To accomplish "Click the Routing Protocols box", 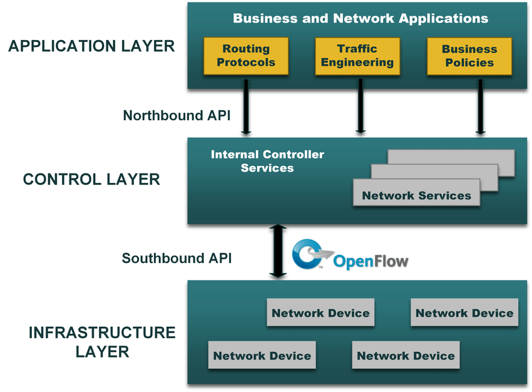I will click(x=246, y=56).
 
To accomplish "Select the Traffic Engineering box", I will click(x=357, y=56).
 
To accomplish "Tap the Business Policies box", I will click(x=469, y=56).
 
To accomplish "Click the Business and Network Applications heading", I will click(x=361, y=18).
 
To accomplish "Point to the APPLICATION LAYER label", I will click(x=91, y=46).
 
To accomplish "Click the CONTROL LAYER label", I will click(x=91, y=180).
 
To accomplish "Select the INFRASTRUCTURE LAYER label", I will click(x=102, y=342).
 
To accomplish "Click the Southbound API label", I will click(x=176, y=258).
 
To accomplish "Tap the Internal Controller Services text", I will click(x=267, y=161).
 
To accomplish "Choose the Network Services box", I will click(x=416, y=195).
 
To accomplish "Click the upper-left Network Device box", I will click(x=320, y=312).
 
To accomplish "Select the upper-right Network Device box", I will click(x=464, y=312).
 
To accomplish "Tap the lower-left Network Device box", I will click(x=262, y=355).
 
